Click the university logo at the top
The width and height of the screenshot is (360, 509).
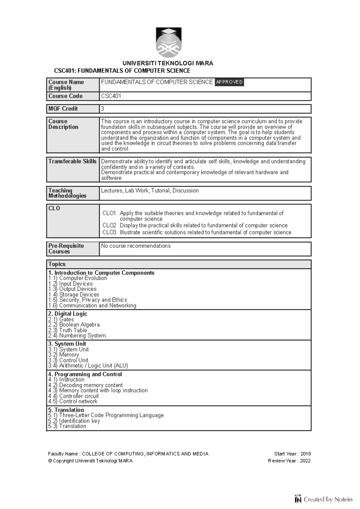click(168, 43)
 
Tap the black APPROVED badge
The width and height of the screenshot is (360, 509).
click(229, 82)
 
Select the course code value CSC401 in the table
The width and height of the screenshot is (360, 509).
click(111, 96)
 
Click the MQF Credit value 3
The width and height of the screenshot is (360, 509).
click(103, 109)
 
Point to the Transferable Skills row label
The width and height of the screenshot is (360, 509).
click(72, 162)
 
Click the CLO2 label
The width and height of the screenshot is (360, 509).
click(109, 225)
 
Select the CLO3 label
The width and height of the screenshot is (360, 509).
click(109, 232)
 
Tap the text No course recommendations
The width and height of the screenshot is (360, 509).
click(136, 246)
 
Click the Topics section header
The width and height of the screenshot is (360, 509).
click(57, 264)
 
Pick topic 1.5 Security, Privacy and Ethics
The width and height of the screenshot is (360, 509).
click(87, 300)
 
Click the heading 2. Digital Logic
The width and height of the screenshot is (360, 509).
click(67, 314)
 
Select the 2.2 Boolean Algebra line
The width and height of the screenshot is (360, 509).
click(74, 325)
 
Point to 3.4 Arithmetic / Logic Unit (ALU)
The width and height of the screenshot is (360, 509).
click(88, 366)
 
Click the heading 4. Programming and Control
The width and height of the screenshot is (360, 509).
click(85, 374)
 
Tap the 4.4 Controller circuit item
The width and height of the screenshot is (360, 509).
click(73, 396)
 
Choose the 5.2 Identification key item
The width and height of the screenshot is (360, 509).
click(74, 421)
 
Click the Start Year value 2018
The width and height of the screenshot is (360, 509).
click(305, 454)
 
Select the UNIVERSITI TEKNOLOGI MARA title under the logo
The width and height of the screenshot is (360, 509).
click(168, 63)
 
